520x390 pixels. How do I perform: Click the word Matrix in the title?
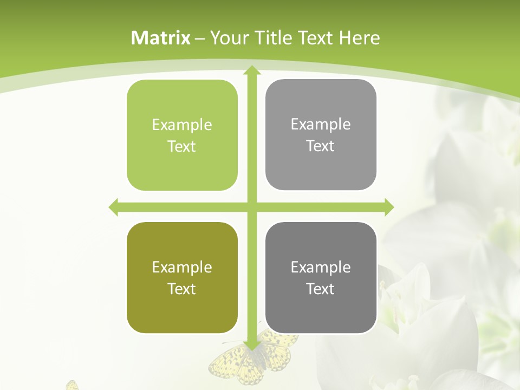tap(161, 38)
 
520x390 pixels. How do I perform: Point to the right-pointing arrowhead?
tap(389, 207)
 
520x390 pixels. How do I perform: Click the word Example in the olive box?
tap(182, 267)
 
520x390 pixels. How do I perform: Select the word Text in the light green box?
tap(182, 146)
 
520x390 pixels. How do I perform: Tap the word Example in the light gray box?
tap(321, 124)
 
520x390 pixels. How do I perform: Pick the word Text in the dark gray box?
tap(321, 289)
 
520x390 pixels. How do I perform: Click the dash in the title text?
tap(200, 38)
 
